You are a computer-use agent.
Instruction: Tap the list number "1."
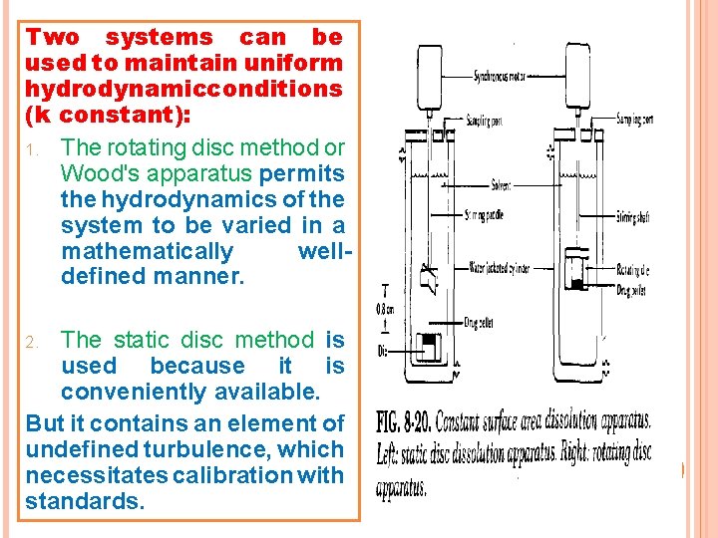click(x=32, y=148)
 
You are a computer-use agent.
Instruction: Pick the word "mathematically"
click(x=147, y=251)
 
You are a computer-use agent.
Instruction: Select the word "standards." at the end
click(x=84, y=502)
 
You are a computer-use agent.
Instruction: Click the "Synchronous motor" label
click(x=501, y=75)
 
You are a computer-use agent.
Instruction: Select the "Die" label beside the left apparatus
click(x=383, y=351)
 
